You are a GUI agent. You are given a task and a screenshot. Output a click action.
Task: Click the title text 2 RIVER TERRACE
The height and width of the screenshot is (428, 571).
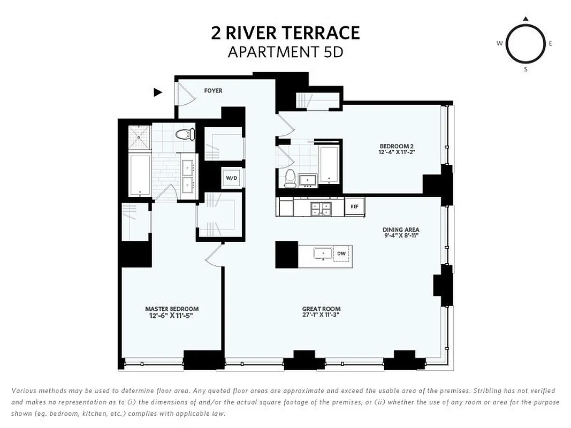(x=285, y=33)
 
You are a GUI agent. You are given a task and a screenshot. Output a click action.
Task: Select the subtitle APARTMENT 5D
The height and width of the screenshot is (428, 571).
(x=285, y=52)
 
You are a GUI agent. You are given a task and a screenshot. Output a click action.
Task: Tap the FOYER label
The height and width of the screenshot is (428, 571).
(x=213, y=91)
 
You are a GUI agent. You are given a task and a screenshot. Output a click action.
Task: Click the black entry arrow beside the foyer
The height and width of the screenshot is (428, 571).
(x=158, y=92)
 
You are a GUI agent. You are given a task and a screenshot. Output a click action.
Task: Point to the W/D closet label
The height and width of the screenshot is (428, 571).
(x=231, y=178)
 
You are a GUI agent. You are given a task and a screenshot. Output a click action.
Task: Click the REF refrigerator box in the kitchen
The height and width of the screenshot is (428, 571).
(x=354, y=207)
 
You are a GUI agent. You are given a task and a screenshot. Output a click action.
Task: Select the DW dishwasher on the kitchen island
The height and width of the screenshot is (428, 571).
(x=341, y=254)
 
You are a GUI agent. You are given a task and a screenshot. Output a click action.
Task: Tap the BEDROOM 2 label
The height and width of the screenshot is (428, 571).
(x=397, y=146)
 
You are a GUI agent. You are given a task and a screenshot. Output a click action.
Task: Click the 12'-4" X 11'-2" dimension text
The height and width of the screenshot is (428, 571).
(x=397, y=152)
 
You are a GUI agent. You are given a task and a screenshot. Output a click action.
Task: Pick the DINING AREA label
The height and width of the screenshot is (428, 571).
(x=397, y=230)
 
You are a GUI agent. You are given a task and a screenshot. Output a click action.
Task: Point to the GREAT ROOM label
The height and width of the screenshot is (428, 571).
(x=321, y=309)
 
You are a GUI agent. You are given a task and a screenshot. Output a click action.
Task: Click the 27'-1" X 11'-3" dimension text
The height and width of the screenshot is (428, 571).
(x=321, y=315)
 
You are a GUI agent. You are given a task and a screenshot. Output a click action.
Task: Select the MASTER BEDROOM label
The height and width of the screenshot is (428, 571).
(x=172, y=309)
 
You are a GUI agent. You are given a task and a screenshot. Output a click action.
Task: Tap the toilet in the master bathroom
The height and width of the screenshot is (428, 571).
(x=184, y=133)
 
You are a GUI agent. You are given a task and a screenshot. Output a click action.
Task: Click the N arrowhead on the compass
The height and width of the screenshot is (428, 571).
(x=526, y=19)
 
